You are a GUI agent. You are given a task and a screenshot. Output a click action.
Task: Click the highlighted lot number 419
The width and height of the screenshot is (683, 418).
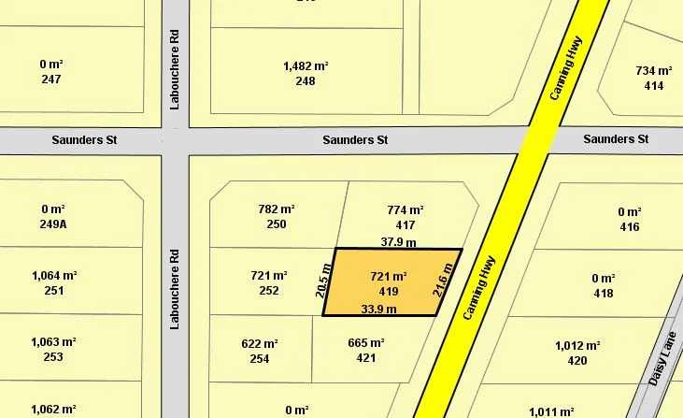(x=389, y=292)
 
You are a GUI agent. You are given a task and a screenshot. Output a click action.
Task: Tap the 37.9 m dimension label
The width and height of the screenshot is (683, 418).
(x=399, y=241)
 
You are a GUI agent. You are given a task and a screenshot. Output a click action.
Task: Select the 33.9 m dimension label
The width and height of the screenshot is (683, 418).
(x=379, y=309)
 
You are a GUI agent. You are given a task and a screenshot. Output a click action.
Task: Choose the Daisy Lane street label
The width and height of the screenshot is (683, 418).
(x=661, y=361)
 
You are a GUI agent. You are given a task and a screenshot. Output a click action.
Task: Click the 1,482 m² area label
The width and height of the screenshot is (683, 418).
(x=306, y=65)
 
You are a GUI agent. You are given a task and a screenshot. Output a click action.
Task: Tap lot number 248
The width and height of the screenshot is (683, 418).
(x=306, y=81)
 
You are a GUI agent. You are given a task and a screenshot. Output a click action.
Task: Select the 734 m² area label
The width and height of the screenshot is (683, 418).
(x=654, y=71)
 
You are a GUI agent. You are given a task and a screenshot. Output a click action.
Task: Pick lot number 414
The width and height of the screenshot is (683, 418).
(x=654, y=86)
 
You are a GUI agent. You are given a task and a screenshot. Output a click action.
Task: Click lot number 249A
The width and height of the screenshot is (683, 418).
(x=52, y=224)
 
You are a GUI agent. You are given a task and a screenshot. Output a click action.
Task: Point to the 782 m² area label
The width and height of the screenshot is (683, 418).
(x=276, y=209)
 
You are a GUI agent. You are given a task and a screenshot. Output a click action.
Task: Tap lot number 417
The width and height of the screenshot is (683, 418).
(x=406, y=225)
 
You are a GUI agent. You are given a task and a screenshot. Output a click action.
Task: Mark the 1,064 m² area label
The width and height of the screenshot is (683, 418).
(x=53, y=276)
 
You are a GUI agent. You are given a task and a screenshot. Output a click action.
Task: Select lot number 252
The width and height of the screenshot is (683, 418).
(x=269, y=291)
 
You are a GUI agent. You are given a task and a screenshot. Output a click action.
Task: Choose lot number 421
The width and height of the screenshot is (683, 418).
(x=366, y=358)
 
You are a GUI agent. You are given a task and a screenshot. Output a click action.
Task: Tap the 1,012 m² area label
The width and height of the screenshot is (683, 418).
(x=577, y=345)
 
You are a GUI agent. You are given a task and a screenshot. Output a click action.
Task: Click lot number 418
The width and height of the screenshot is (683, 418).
(x=604, y=294)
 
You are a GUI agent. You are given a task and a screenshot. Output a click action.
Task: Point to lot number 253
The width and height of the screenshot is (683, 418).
(x=53, y=357)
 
